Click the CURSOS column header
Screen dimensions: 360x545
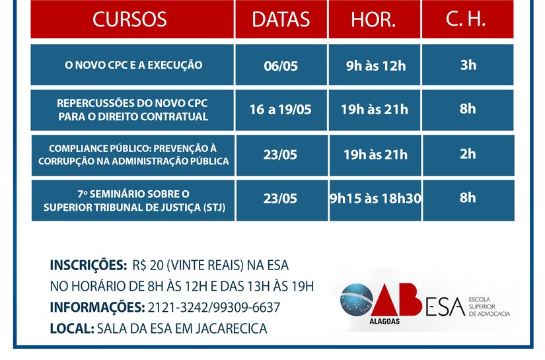[x=130, y=19]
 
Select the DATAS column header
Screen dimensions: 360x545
[x=281, y=19]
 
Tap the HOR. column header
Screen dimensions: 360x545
[x=373, y=20]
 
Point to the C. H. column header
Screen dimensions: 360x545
[x=466, y=19]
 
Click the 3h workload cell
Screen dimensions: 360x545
[x=468, y=65]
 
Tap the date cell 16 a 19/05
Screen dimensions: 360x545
[x=281, y=110]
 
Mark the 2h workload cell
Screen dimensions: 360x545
[x=468, y=154]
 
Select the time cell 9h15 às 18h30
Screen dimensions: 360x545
[x=375, y=199]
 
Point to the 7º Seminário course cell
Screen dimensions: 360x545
[x=133, y=200]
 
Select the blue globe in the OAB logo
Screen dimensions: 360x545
[x=357, y=301]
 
